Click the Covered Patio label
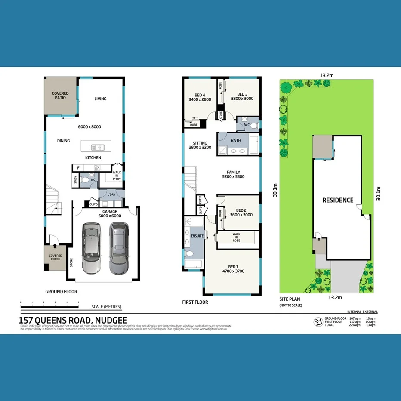(x=60, y=95)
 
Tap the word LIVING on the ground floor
(x=100, y=99)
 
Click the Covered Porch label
(x=56, y=258)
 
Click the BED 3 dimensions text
(x=242, y=99)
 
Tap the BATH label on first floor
(x=236, y=141)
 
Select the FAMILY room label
(x=234, y=172)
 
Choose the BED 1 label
(x=232, y=267)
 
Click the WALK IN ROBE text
(x=236, y=238)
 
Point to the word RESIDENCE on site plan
(x=338, y=200)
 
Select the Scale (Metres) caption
(x=106, y=307)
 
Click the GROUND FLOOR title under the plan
(x=61, y=292)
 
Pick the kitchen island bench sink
(x=96, y=146)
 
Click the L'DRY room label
(x=110, y=195)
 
